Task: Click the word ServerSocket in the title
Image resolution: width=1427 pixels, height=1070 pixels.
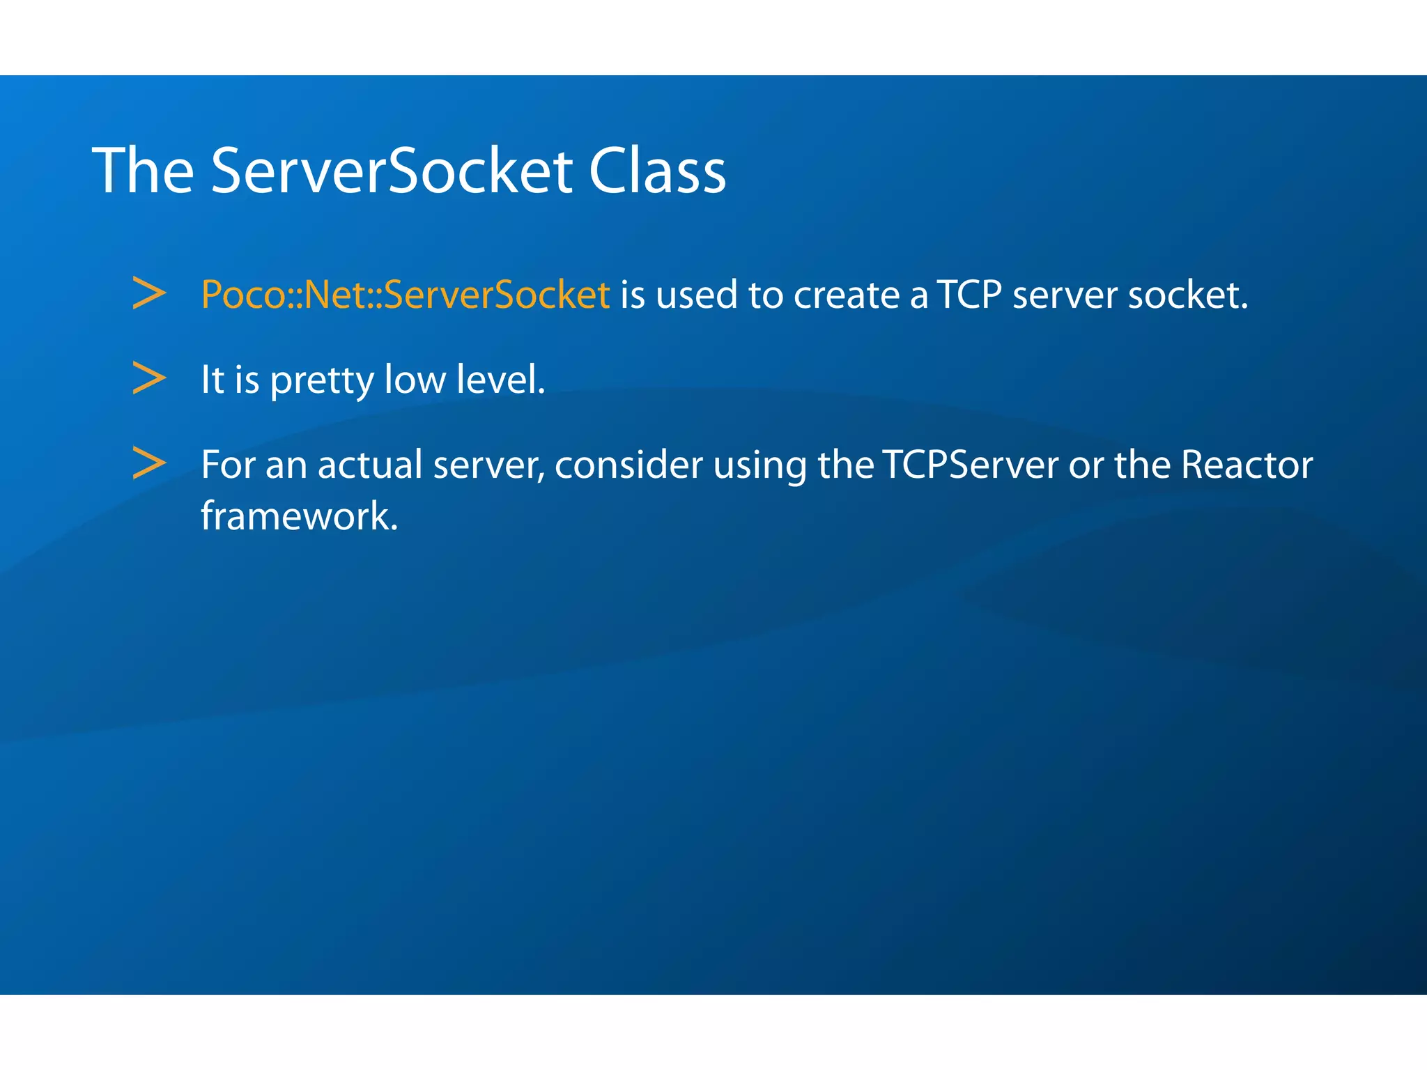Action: click(x=391, y=171)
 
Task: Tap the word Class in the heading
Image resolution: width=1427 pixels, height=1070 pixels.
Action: click(x=656, y=171)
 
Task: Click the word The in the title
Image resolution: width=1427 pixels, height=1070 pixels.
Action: click(x=143, y=171)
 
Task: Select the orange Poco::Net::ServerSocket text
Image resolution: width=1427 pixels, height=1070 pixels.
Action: click(x=405, y=295)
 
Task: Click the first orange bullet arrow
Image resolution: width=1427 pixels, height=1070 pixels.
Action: click(x=149, y=293)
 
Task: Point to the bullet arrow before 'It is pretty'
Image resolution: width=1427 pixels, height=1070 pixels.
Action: click(x=149, y=378)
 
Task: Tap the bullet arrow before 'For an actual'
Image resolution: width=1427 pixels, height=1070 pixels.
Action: click(x=149, y=463)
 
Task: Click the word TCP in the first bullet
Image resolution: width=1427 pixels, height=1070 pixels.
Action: click(x=969, y=295)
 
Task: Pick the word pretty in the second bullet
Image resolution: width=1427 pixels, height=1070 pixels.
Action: click(x=321, y=381)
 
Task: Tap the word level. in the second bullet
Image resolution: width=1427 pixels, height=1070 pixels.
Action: click(x=500, y=380)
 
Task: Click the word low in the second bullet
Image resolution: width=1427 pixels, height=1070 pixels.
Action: click(x=415, y=380)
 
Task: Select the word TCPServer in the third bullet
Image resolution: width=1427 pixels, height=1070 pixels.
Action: click(x=971, y=465)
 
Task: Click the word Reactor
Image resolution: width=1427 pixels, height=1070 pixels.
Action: click(x=1247, y=465)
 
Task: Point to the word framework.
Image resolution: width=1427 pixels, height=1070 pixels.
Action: click(x=299, y=516)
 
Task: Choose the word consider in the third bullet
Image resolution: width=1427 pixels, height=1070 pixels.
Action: click(x=628, y=465)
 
